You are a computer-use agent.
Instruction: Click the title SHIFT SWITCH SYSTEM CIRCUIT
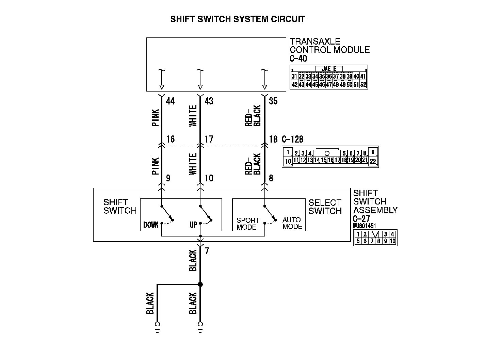[238, 19]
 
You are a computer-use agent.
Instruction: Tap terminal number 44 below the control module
[170, 101]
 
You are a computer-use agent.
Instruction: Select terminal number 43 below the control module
[209, 101]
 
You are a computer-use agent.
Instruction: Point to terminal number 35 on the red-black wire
[273, 101]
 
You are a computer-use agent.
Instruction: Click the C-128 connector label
[292, 139]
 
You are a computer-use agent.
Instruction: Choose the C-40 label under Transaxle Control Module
[298, 59]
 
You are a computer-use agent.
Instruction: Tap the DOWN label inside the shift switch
[151, 225]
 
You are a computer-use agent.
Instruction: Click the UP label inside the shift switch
[193, 225]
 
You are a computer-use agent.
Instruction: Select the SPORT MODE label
[247, 224]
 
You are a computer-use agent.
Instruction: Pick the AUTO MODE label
[292, 223]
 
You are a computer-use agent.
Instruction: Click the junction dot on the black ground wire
[200, 284]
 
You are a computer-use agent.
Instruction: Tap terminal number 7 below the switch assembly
[207, 251]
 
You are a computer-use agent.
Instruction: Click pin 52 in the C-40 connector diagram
[363, 84]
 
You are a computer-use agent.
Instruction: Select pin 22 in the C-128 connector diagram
[373, 162]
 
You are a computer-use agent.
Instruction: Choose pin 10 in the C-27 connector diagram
[392, 241]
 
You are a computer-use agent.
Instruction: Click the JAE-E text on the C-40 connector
[329, 69]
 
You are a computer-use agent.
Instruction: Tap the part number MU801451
[365, 226]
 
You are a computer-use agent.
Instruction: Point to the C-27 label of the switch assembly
[361, 219]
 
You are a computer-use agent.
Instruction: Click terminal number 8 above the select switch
[271, 178]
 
